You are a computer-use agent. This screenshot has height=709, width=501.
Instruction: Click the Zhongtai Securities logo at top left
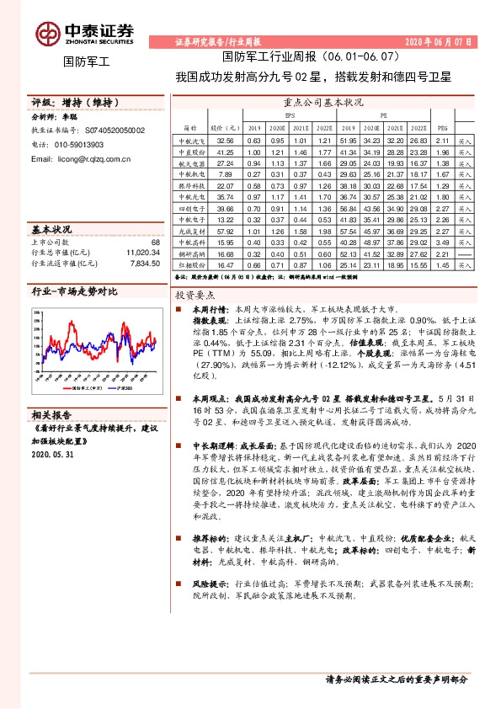point(84,34)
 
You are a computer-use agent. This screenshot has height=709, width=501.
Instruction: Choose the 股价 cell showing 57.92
point(225,229)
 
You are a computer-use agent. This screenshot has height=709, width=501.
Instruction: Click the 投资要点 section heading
point(195,296)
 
